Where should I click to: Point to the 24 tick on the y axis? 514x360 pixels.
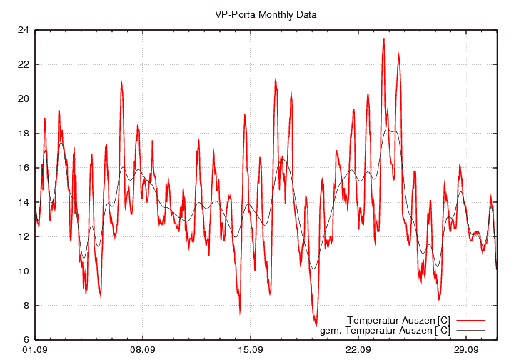(23, 30)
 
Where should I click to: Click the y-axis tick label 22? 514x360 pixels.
(23, 64)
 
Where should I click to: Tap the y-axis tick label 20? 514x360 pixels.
(23, 99)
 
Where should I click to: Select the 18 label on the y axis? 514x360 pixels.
(23, 133)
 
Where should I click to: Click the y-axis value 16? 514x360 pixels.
(23, 168)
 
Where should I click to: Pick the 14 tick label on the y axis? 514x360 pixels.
(23, 202)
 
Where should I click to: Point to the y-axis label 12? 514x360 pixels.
(23, 236)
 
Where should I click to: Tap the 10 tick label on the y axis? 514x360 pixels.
(23, 271)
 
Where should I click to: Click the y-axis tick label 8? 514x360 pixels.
(26, 305)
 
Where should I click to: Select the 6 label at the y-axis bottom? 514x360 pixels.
(26, 339)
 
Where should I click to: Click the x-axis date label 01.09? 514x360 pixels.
(35, 350)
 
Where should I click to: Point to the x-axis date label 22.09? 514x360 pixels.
(358, 350)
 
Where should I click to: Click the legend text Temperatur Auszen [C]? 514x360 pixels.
(398, 319)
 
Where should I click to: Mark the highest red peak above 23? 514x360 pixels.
(383, 39)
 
